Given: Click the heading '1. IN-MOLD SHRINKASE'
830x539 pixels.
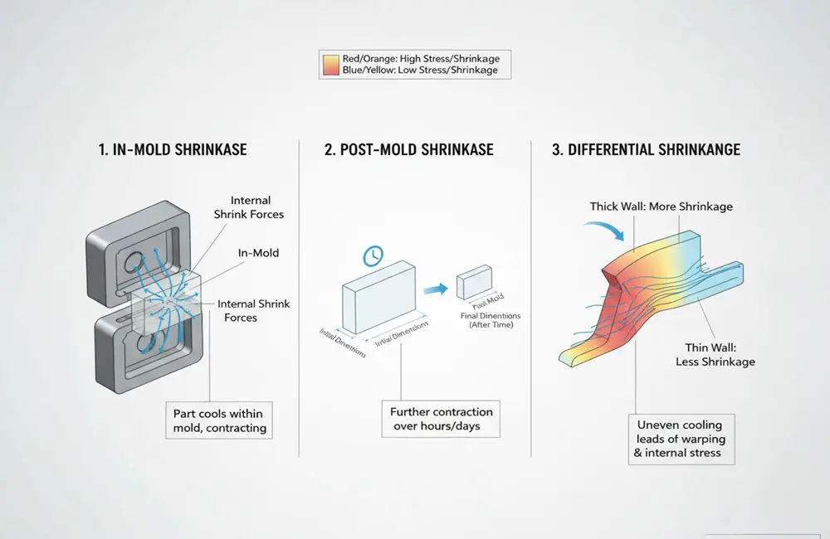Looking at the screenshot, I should pos(172,150).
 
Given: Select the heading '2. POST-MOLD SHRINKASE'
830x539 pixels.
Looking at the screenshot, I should pos(409,150).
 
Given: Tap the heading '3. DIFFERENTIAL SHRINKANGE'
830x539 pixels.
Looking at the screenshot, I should pos(646,150).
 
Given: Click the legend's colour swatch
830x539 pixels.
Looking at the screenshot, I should pos(330,65).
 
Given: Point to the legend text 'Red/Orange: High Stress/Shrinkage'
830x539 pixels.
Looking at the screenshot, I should pos(420,58).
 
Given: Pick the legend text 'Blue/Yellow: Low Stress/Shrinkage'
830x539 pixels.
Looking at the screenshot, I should pos(420,70).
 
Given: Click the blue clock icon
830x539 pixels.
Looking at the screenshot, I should pos(370,255).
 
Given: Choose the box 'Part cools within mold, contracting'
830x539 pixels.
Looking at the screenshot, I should pos(220,420).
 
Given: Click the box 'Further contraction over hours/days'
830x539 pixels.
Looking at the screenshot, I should pos(441,419).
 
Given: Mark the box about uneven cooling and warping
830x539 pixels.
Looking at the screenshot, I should pos(681,439).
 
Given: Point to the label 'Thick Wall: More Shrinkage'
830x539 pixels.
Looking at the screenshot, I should pos(661,206).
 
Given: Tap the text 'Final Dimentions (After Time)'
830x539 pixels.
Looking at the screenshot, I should pos(487,320).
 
